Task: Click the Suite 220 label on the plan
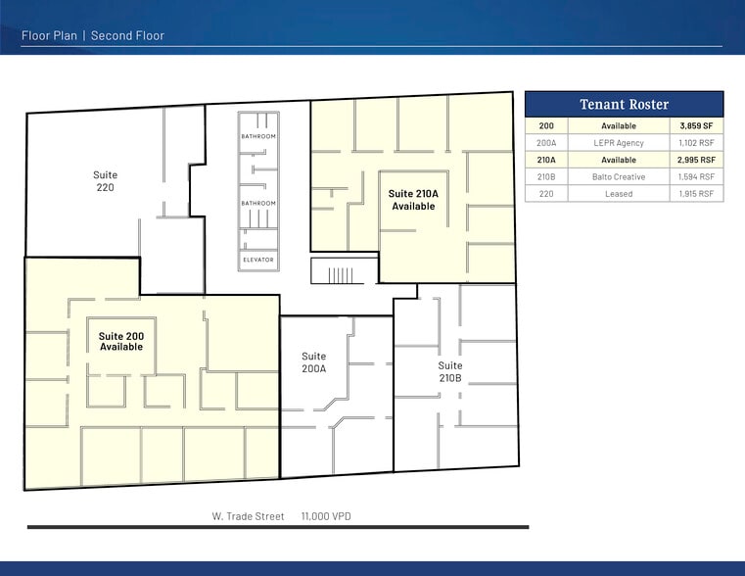click(105, 181)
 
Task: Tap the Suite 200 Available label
click(121, 341)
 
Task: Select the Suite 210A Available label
click(413, 200)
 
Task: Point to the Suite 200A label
click(313, 362)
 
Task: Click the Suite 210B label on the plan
click(450, 371)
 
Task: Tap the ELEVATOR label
click(258, 260)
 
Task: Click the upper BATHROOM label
click(258, 136)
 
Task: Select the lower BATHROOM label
click(258, 204)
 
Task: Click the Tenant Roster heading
click(624, 104)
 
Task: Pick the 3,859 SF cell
click(696, 126)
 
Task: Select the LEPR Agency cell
click(618, 143)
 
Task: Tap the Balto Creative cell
click(618, 176)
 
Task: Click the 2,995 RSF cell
click(696, 160)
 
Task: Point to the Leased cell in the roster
click(619, 194)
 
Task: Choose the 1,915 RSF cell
click(696, 194)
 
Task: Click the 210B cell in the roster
click(546, 176)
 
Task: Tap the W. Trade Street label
click(248, 516)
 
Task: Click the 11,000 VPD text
click(326, 516)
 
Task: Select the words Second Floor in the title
click(127, 35)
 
